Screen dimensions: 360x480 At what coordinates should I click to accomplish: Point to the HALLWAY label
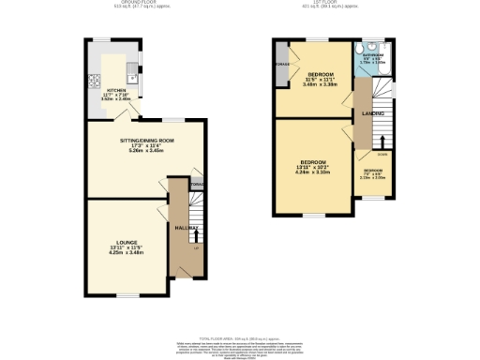[185, 228]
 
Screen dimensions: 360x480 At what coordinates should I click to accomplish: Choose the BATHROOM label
[372, 55]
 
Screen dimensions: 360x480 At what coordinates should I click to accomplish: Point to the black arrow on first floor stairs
[382, 142]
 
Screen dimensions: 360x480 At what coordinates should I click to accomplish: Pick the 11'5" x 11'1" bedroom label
[321, 79]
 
